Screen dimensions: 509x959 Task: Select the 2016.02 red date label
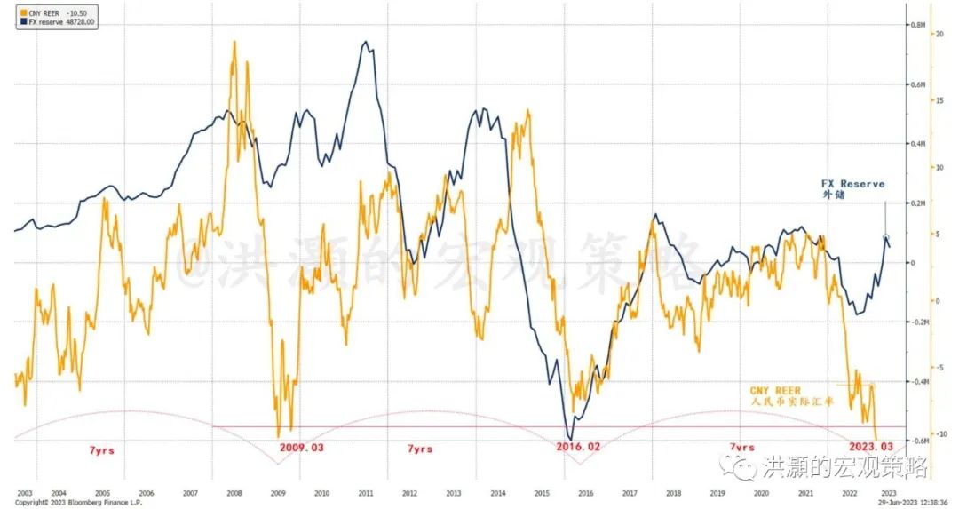[577, 447]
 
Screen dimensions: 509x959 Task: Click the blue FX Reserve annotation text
[852, 188]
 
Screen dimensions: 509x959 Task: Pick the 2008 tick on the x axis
[234, 492]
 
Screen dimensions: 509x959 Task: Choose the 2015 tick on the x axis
[542, 492]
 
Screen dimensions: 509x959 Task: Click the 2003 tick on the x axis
[24, 492]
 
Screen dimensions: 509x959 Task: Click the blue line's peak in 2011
[365, 42]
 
